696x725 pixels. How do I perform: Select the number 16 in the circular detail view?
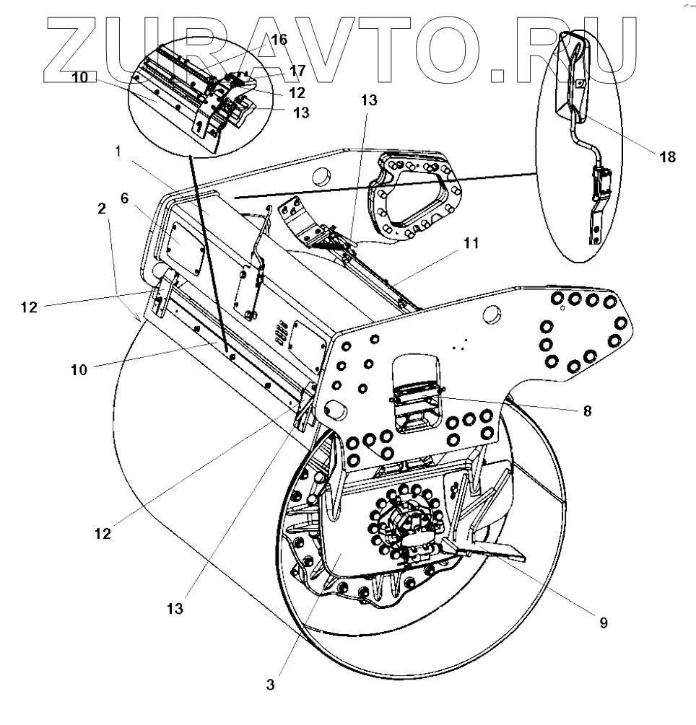tap(279, 40)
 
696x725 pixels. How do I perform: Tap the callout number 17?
tap(298, 70)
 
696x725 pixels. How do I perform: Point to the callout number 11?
tap(471, 245)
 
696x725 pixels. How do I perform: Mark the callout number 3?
tap(270, 685)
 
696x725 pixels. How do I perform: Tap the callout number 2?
tap(103, 208)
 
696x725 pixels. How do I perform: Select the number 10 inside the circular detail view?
tap(80, 76)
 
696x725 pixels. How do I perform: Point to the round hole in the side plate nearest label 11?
tap(490, 312)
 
